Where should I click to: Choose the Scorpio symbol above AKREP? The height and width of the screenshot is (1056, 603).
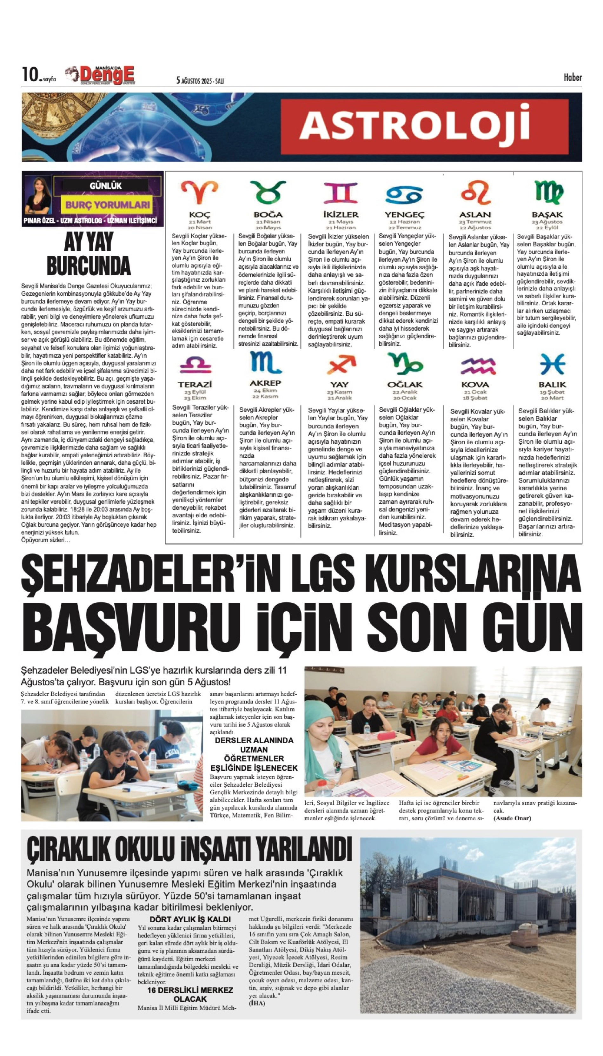coord(265,363)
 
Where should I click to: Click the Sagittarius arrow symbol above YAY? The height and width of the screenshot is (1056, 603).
coord(341,365)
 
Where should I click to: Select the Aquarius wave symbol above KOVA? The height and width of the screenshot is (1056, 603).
coord(478,366)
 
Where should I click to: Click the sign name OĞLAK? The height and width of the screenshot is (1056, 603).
coord(405,384)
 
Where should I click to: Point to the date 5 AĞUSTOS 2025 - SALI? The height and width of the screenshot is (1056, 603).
coord(200,80)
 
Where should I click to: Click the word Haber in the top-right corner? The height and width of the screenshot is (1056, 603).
coord(572,77)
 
